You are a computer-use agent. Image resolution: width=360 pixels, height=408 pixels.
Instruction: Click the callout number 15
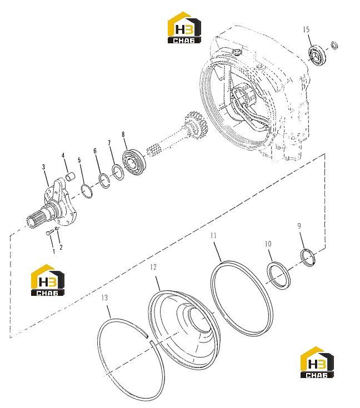[306, 29]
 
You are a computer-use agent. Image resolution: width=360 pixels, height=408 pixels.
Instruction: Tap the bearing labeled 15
[317, 56]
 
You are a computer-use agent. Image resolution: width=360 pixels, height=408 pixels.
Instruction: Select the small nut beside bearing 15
[334, 46]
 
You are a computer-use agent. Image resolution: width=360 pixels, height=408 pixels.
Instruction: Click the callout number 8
[123, 134]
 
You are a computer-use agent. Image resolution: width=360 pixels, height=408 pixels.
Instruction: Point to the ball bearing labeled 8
[133, 162]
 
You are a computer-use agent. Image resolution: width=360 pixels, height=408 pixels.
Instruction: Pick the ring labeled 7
[118, 172]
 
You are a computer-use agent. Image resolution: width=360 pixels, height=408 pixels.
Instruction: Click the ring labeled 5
[87, 192]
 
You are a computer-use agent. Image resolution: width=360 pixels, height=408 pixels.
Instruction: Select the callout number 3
[43, 167]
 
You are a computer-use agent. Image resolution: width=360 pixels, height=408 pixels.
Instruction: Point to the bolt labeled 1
[50, 233]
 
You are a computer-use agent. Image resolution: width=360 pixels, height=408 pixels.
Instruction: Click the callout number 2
[61, 247]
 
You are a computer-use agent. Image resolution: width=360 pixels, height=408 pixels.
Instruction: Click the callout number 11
[213, 236]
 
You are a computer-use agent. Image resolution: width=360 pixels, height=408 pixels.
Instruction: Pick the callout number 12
[153, 267]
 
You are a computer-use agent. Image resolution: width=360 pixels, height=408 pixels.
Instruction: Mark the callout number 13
[104, 298]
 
